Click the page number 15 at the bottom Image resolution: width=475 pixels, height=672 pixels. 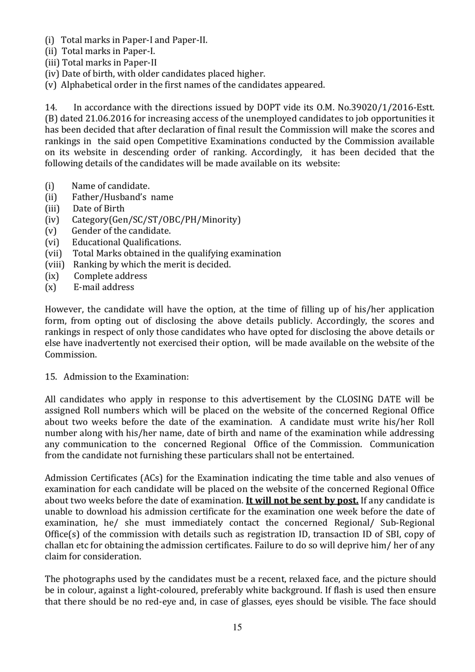(237, 627)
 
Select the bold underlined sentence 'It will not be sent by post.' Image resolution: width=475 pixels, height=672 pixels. (302, 500)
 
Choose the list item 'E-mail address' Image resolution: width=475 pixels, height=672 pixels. (104, 287)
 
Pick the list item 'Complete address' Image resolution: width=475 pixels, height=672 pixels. (110, 276)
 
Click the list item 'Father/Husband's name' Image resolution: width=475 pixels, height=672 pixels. (122, 197)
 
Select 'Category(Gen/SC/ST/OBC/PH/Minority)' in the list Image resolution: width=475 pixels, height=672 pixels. (156, 219)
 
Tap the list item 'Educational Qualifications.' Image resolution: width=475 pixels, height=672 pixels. (126, 242)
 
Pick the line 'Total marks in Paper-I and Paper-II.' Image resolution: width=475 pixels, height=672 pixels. (134, 40)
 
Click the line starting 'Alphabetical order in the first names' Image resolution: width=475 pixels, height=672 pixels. (192, 85)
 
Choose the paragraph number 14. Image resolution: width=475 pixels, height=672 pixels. (50, 107)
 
